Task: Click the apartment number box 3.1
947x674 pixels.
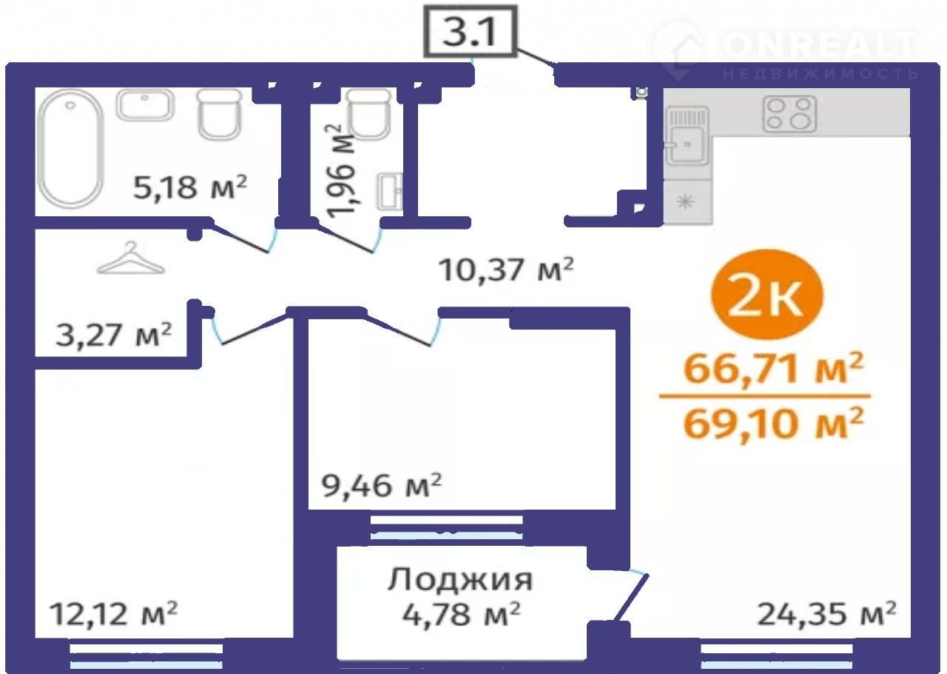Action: point(471,31)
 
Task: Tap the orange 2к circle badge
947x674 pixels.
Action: point(768,294)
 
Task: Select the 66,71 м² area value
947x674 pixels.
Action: point(773,367)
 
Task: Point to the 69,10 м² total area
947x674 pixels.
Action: point(773,423)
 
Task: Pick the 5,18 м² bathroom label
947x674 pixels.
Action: point(190,187)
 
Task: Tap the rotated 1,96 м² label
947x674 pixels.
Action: point(340,171)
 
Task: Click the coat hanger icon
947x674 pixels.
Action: point(131,258)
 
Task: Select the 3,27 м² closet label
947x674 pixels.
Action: point(114,335)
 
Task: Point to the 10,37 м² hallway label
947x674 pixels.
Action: point(506,270)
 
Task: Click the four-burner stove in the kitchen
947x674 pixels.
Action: point(789,114)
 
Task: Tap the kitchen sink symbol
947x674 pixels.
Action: point(687,136)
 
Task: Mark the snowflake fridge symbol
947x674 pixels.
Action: point(685,201)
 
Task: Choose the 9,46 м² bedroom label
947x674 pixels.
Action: point(382,486)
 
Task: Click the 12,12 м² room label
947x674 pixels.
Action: point(113,614)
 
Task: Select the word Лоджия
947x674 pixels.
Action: point(460,579)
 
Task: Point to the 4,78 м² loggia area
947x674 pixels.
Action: point(461,614)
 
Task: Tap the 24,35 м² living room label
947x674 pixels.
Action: point(826,614)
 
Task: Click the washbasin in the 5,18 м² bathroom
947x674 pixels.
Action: point(145,104)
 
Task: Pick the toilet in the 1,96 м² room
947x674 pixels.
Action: point(368,114)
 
